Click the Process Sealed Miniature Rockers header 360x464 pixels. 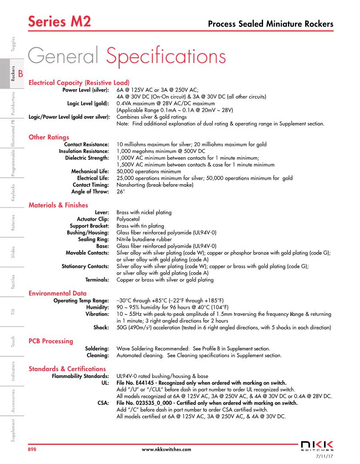pos(271,23)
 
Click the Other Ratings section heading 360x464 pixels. pos(49,138)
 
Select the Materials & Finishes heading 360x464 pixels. pos(58,205)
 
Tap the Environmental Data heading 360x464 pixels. pos(57,293)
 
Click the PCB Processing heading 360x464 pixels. pos(51,341)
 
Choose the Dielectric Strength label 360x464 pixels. pos(87,158)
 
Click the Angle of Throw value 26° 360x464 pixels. pos(121,192)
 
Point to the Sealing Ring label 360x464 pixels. pos(93,239)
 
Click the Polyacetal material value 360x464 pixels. pos(129,219)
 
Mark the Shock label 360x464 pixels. pos(101,328)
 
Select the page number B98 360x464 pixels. pos(32,450)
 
